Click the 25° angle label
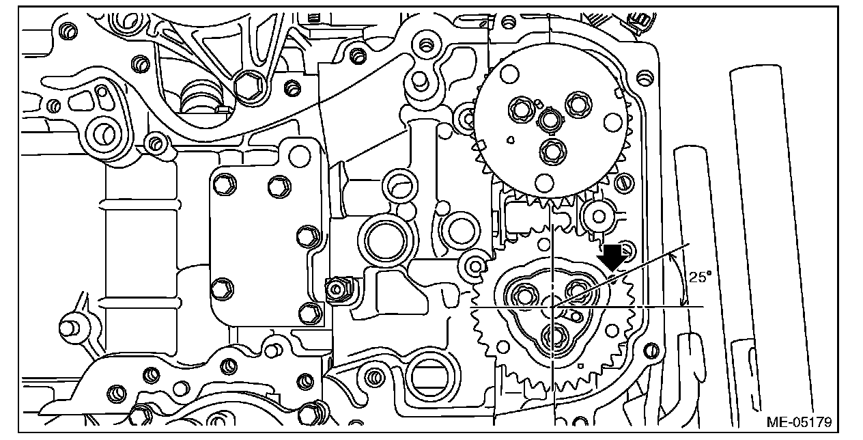point(700,277)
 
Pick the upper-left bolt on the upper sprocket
point(518,107)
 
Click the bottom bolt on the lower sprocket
point(552,336)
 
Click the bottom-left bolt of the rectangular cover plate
point(220,290)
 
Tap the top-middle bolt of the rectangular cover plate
point(277,184)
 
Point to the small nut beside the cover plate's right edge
point(335,290)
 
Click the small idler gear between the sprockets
point(599,217)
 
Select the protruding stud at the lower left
point(69,327)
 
